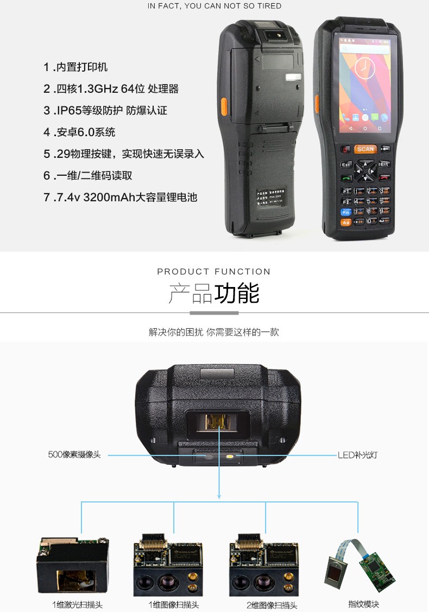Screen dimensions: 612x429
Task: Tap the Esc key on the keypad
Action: click(x=346, y=164)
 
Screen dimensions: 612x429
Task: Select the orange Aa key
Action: click(x=345, y=221)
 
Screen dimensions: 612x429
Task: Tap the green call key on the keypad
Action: click(x=346, y=177)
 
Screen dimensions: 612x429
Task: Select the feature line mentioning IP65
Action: click(x=105, y=111)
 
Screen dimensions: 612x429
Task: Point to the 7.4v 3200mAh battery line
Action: click(x=120, y=197)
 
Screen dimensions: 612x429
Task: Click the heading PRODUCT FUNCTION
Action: click(x=214, y=271)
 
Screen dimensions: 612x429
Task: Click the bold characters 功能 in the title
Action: click(x=237, y=294)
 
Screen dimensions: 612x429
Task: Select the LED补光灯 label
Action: click(x=358, y=455)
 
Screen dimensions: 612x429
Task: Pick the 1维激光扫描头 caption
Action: click(x=78, y=604)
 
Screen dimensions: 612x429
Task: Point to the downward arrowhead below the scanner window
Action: click(x=219, y=495)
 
